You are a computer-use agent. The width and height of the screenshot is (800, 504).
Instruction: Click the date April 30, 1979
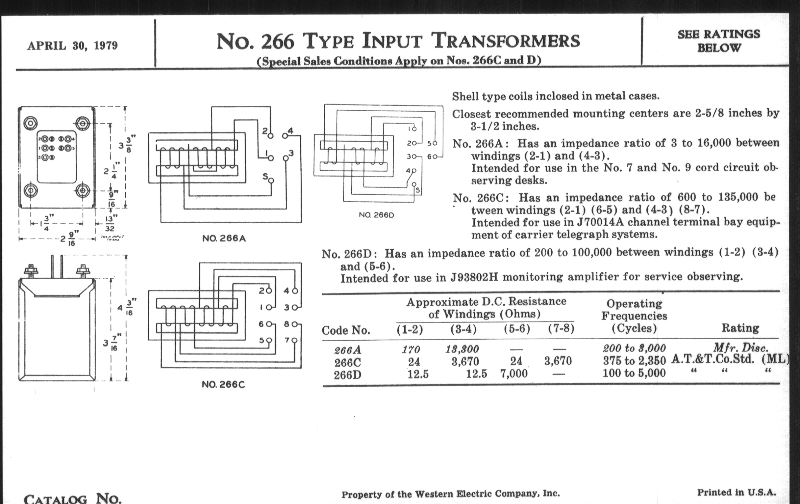coord(72,45)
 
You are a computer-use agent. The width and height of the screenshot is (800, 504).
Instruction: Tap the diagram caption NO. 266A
coord(224,238)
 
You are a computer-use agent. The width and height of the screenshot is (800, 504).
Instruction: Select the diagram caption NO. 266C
coord(223,384)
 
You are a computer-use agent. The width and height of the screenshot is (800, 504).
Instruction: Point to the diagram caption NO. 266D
coord(376,215)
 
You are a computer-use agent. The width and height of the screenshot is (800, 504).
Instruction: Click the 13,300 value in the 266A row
coord(462,349)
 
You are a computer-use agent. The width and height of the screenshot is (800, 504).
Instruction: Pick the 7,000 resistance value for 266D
coord(513,374)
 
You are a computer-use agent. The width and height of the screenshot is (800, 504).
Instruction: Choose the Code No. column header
coord(345,330)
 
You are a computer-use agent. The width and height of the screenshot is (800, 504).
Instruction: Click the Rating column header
coord(740,328)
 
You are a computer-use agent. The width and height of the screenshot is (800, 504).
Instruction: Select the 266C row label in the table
coord(347,362)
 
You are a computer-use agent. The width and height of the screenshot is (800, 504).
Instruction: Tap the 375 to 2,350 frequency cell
coord(634,361)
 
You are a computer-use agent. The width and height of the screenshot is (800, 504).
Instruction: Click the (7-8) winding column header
coord(561,329)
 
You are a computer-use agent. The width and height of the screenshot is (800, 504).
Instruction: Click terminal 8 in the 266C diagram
coord(294,324)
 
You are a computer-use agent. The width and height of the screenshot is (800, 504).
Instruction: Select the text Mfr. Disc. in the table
coord(740,348)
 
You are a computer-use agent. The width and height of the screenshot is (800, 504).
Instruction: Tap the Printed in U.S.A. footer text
coord(736,493)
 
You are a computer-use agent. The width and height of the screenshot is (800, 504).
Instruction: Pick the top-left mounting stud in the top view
coord(31,123)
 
